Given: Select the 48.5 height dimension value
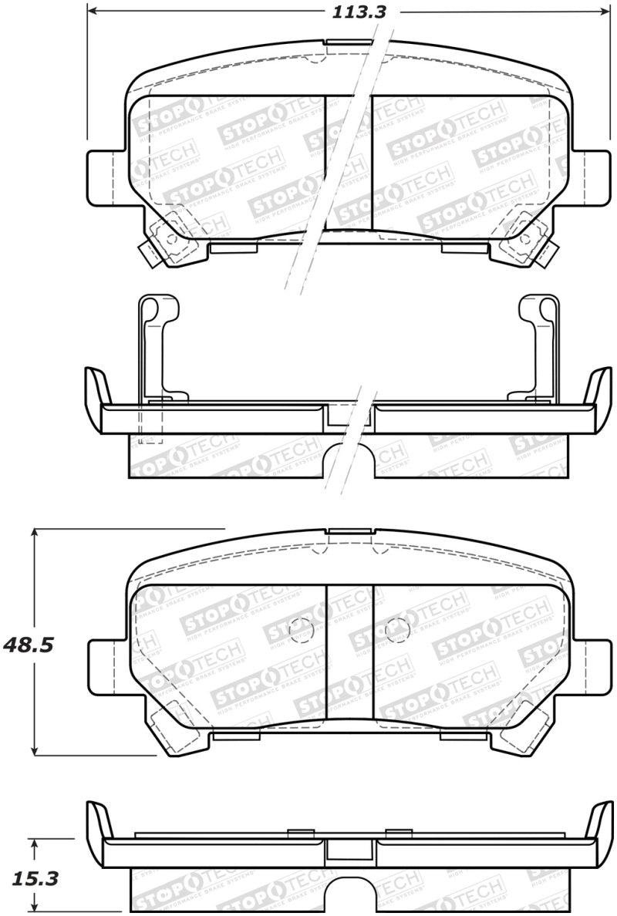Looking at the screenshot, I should (29, 645).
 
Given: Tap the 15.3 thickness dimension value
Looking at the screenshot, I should (29, 877).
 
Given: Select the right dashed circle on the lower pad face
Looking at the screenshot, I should (396, 629).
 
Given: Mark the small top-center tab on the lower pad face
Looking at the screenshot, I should (350, 530).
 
